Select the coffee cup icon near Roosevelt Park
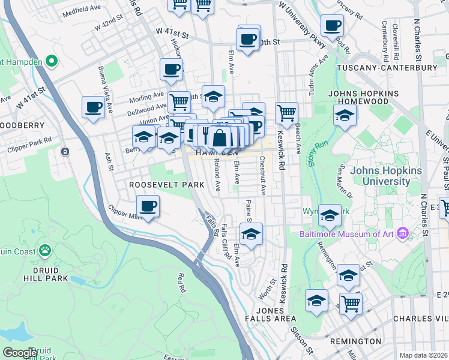click(x=148, y=207)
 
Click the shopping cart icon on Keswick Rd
click(x=287, y=112)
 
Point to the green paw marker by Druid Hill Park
click(x=45, y=250)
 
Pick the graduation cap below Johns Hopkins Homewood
click(x=345, y=116)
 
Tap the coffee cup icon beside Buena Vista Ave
click(x=94, y=107)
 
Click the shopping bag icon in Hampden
click(x=220, y=137)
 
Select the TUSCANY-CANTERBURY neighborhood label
click(x=387, y=68)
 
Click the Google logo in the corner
click(x=19, y=353)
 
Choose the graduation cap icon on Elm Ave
click(x=252, y=234)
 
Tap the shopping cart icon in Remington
click(x=351, y=304)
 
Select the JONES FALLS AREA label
click(x=275, y=314)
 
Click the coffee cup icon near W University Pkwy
click(x=332, y=26)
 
